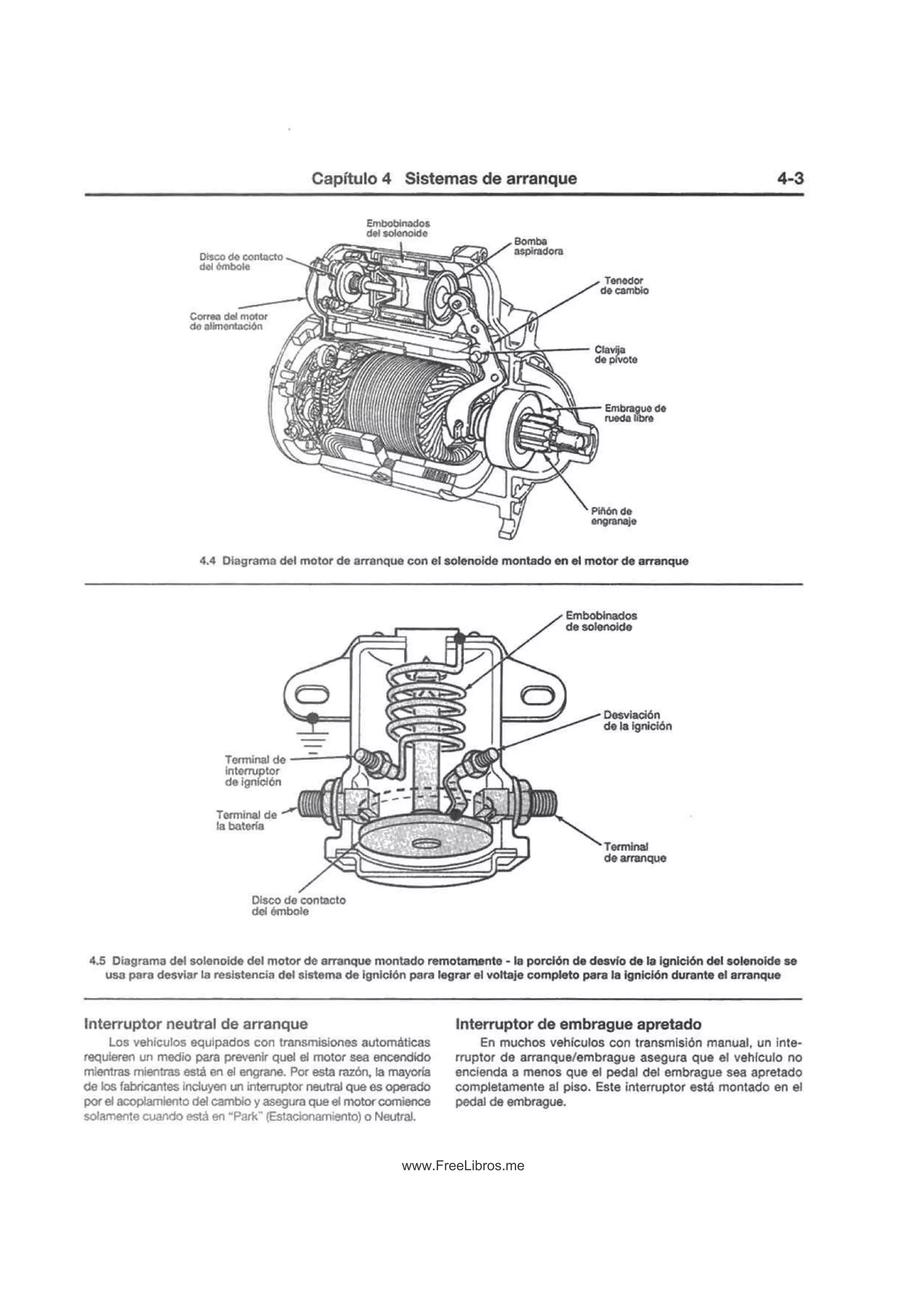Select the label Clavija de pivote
tap(616, 354)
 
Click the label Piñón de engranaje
tap(613, 516)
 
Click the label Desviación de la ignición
tap(637, 720)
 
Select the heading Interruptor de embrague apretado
tap(578, 1024)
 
